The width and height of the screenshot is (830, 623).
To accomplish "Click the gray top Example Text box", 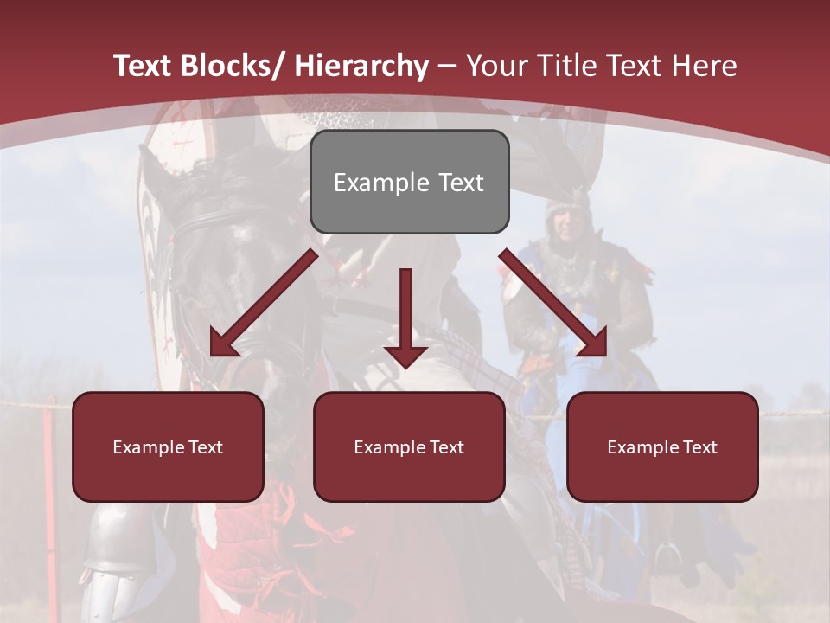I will click(x=409, y=182).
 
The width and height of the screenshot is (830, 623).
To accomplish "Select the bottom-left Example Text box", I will click(x=168, y=446).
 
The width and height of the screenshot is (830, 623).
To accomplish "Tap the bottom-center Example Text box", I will click(x=409, y=446).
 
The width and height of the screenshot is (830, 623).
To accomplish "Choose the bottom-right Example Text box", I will click(x=662, y=446).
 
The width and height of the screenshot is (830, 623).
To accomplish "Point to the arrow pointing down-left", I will click(x=264, y=303).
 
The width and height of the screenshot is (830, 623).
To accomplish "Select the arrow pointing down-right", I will click(x=554, y=303).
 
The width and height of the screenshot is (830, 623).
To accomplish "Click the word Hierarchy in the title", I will click(x=361, y=66).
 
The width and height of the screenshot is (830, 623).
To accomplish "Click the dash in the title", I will click(x=447, y=66).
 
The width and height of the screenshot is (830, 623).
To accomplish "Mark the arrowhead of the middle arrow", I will click(x=405, y=355).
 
